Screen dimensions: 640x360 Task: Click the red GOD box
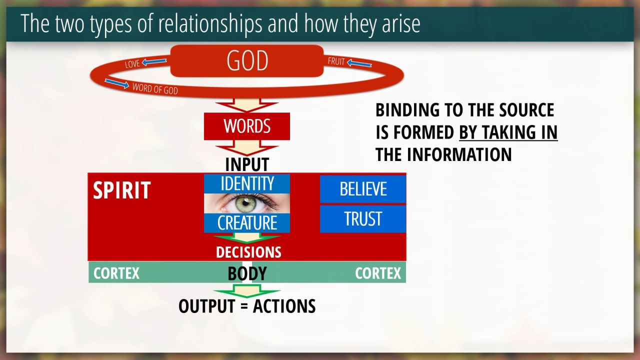coord(247,61)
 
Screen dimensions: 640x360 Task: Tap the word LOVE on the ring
coord(132,64)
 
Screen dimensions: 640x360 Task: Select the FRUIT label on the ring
coord(336,61)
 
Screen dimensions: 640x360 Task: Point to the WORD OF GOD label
coord(155,88)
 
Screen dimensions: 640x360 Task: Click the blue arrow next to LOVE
coord(154,61)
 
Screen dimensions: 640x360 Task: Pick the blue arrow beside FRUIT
coord(359,63)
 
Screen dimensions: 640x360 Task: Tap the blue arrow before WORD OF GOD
coord(117,83)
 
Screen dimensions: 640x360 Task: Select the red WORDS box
coord(247,126)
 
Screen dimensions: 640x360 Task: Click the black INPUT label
coord(247,164)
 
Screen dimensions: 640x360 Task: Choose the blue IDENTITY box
coord(247,183)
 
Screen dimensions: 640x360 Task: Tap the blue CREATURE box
coord(247,223)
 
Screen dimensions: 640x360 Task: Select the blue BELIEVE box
coord(363,189)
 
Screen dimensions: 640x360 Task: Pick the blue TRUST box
coord(363,219)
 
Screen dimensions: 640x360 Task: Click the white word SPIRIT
coord(121,190)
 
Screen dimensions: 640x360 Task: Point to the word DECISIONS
coord(248,252)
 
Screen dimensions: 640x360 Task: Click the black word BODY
coord(247,273)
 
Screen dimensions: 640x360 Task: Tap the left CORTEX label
coord(116,273)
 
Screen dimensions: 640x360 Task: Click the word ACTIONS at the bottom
coord(284,306)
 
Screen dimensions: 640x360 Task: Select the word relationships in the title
coord(210,23)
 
